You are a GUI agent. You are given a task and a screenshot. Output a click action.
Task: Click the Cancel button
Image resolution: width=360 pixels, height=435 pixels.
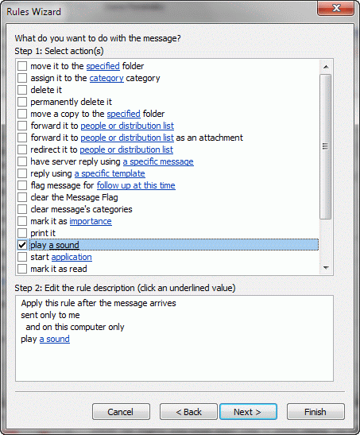121,412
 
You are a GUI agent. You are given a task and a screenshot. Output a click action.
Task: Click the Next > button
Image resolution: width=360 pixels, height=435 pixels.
248,412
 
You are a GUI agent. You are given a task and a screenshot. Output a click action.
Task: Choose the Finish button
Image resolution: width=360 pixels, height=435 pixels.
315,412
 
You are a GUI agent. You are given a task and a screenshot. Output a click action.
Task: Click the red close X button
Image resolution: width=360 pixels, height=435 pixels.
336,8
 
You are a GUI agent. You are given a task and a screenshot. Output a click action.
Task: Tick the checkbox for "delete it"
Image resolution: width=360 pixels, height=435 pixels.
22,90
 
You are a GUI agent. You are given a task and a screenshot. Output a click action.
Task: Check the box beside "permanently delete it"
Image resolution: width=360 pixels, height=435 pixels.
22,102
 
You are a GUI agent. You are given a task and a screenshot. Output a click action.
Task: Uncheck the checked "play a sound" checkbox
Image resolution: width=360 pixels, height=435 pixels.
22,245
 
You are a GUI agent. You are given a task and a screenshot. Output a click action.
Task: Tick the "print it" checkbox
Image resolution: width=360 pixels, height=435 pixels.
22,233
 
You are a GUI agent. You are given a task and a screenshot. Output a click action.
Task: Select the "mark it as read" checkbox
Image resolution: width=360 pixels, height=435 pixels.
22,269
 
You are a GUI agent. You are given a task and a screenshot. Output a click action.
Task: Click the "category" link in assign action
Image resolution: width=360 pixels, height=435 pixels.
106,78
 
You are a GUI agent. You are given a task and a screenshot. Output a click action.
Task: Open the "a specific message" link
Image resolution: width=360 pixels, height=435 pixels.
158,161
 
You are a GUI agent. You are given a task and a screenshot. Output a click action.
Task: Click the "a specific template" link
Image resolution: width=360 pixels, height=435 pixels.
110,173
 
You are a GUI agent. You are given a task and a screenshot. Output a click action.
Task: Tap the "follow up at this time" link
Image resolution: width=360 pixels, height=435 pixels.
136,185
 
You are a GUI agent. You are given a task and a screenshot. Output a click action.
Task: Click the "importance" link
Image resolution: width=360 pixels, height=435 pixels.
91,221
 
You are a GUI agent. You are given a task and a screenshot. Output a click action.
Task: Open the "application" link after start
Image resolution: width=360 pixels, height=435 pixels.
72,257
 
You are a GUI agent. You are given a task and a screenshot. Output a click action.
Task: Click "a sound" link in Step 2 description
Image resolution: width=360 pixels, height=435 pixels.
55,339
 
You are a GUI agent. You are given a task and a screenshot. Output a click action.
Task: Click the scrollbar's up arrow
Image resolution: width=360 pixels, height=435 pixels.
326,67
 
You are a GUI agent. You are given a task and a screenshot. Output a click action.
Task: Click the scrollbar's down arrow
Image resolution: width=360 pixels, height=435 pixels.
326,268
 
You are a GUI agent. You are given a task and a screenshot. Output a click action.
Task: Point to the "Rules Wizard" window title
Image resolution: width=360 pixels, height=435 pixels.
34,12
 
